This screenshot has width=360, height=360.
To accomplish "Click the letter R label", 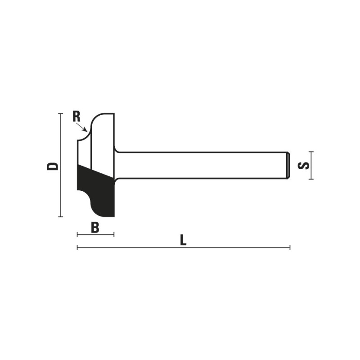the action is pyautogui.click(x=76, y=117).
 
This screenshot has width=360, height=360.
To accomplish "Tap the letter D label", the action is pyautogui.click(x=53, y=166).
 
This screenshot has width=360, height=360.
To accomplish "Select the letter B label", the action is pyautogui.click(x=95, y=228).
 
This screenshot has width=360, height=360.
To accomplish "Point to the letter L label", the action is pyautogui.click(x=183, y=240).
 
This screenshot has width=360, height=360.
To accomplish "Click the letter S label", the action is pyautogui.click(x=303, y=166).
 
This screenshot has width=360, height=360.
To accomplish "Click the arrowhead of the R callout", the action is pyautogui.click(x=85, y=130).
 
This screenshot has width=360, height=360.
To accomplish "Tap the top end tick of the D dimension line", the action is pyautogui.click(x=60, y=113).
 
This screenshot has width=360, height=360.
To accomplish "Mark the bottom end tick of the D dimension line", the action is pyautogui.click(x=60, y=216).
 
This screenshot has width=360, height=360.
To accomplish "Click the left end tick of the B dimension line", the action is pyautogui.click(x=77, y=234).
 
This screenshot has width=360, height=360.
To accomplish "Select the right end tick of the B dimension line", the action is pyautogui.click(x=114, y=234).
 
